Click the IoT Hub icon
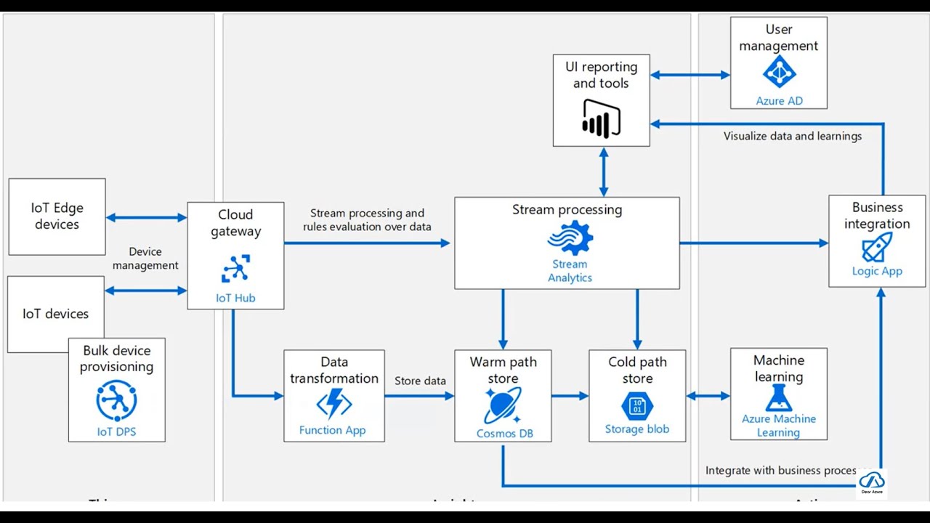pyautogui.click(x=235, y=269)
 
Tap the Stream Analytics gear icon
pyautogui.click(x=570, y=238)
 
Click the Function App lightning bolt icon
pyautogui.click(x=333, y=404)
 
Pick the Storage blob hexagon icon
pyautogui.click(x=637, y=405)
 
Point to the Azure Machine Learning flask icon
pyautogui.click(x=778, y=398)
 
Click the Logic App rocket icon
pyautogui.click(x=876, y=248)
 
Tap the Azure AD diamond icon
pyautogui.click(x=779, y=72)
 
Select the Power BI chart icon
pyautogui.click(x=601, y=118)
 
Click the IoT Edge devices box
pyautogui.click(x=57, y=216)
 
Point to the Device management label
pyautogui.click(x=145, y=259)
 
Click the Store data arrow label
pyautogui.click(x=420, y=381)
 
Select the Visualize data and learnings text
pyautogui.click(x=792, y=136)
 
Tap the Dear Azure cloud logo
pyautogui.click(x=871, y=482)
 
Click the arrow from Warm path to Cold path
pyautogui.click(x=570, y=396)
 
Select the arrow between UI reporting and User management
pyautogui.click(x=690, y=75)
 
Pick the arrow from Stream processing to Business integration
pyautogui.click(x=753, y=243)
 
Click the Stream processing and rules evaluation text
pyautogui.click(x=367, y=220)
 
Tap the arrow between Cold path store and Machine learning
pyautogui.click(x=708, y=396)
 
